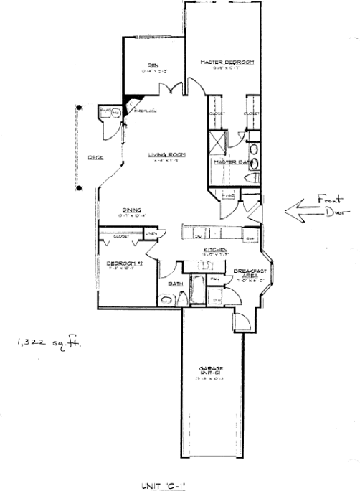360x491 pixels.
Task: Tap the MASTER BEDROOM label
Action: point(227,62)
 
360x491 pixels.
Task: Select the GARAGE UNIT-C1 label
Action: point(210,371)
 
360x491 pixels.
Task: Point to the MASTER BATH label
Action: point(229,162)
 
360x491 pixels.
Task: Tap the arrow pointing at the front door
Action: point(303,210)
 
